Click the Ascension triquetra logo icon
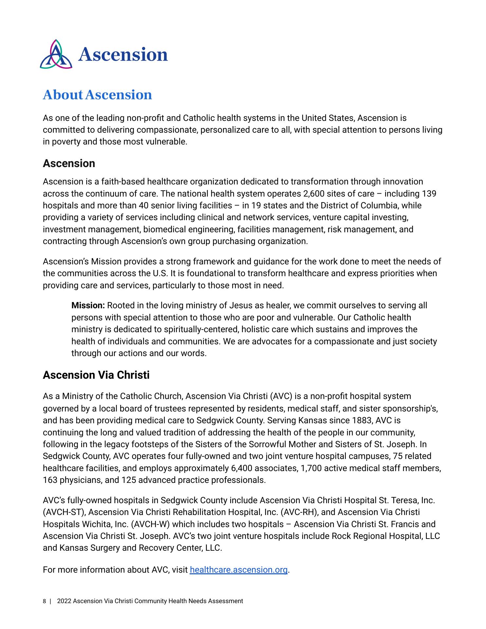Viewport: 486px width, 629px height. point(56,54)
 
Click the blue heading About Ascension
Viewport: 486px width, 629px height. point(97,95)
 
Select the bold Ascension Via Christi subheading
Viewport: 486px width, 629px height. point(96,375)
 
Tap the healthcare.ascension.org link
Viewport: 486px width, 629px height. point(238,570)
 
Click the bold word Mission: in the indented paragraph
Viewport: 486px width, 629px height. point(88,306)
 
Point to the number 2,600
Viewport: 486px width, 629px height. point(313,194)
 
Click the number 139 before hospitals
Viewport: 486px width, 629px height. point(429,194)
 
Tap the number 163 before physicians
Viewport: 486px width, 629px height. point(50,480)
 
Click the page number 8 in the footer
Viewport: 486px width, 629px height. point(44,601)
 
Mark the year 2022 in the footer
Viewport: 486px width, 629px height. point(64,601)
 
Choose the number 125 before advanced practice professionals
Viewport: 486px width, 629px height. point(128,480)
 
